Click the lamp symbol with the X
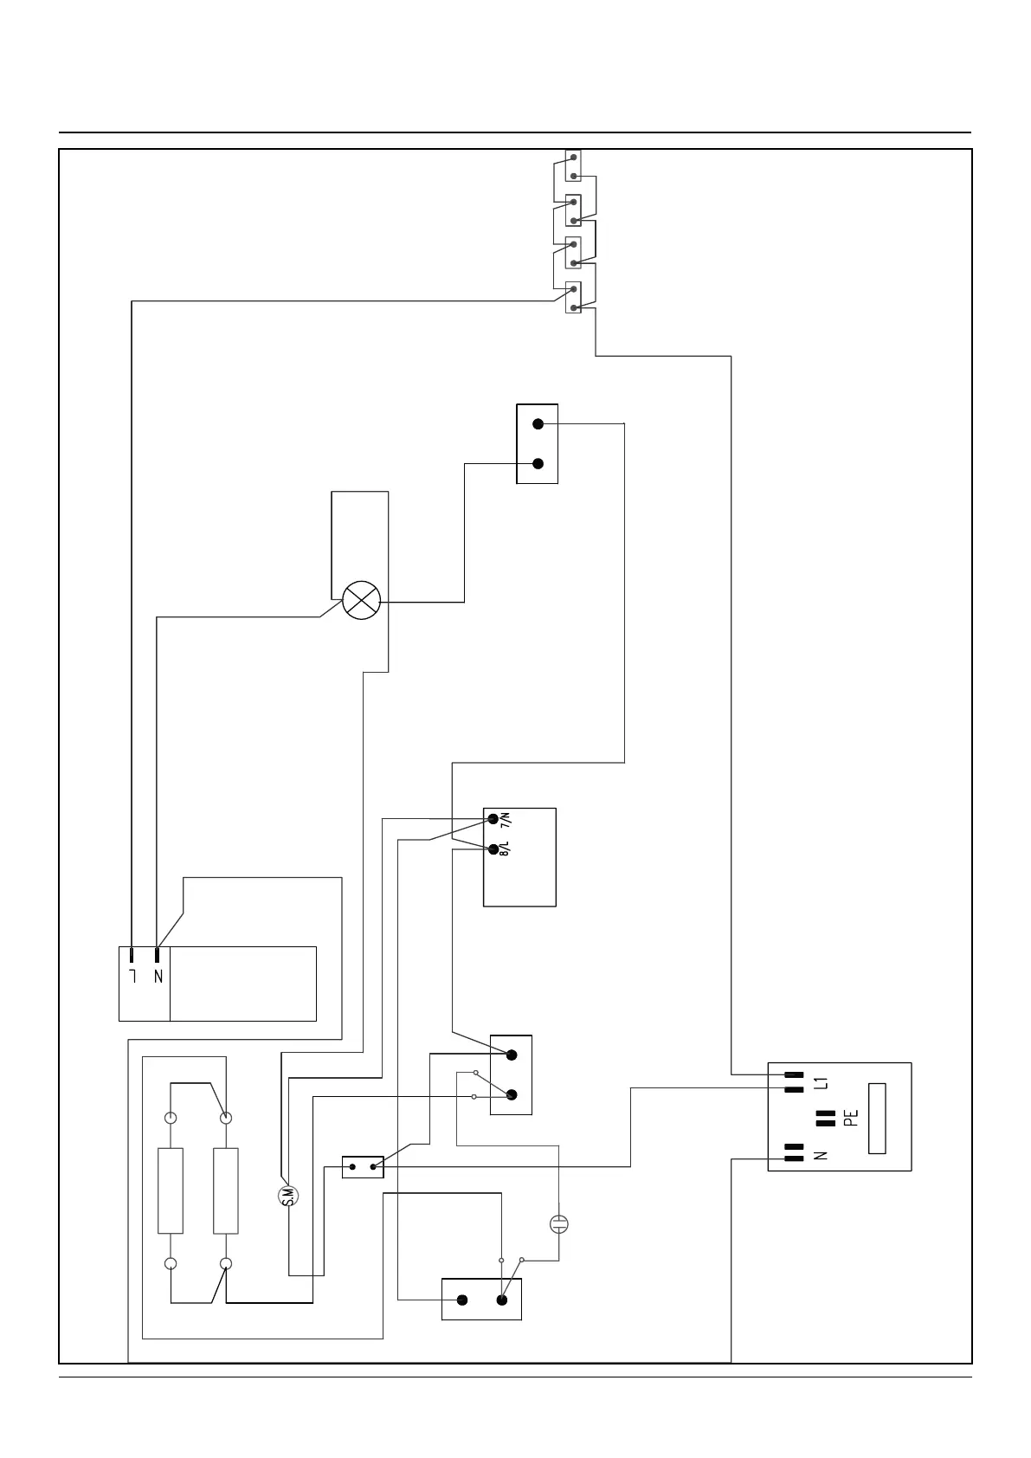(361, 600)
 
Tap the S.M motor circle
(289, 1196)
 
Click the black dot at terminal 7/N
(493, 819)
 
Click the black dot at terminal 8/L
(493, 848)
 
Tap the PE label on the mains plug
(851, 1119)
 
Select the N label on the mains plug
(822, 1154)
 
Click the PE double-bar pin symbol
(826, 1119)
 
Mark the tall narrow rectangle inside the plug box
(877, 1118)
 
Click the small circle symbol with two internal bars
(559, 1224)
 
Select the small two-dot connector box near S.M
(363, 1167)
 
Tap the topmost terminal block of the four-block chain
(573, 165)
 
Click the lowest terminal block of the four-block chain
(573, 298)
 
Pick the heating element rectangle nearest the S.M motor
(226, 1190)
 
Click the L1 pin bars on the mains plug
(794, 1081)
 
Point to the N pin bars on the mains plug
(794, 1152)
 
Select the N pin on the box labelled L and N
(158, 955)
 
